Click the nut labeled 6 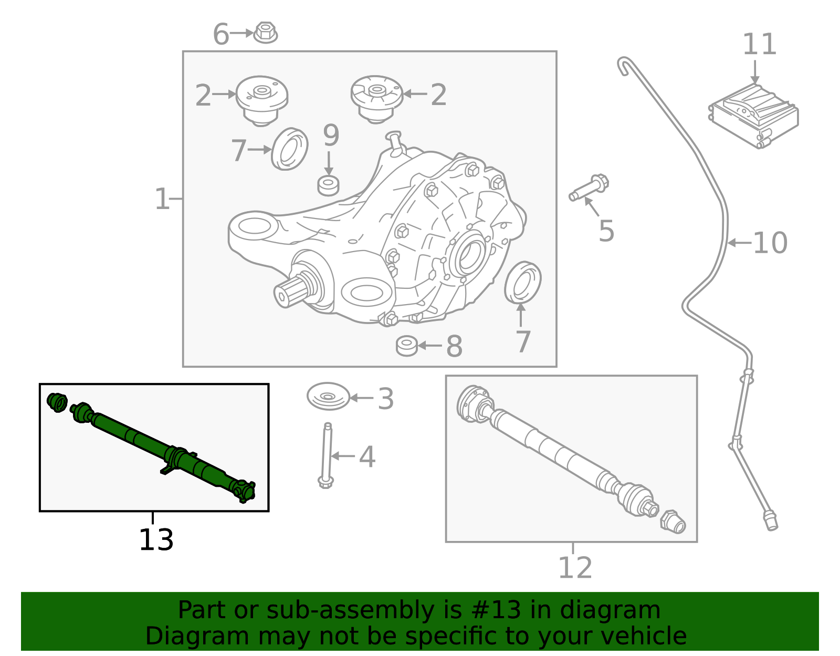(265, 33)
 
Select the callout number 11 (759, 45)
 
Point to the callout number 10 (770, 243)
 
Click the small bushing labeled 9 (329, 185)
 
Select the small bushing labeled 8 (407, 346)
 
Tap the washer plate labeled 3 (328, 397)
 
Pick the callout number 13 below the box (156, 540)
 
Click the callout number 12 (575, 568)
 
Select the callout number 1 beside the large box (162, 200)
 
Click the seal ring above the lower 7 (522, 282)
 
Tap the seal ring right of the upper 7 (290, 149)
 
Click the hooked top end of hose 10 (624, 64)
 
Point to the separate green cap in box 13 (57, 402)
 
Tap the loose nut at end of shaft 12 (673, 521)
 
